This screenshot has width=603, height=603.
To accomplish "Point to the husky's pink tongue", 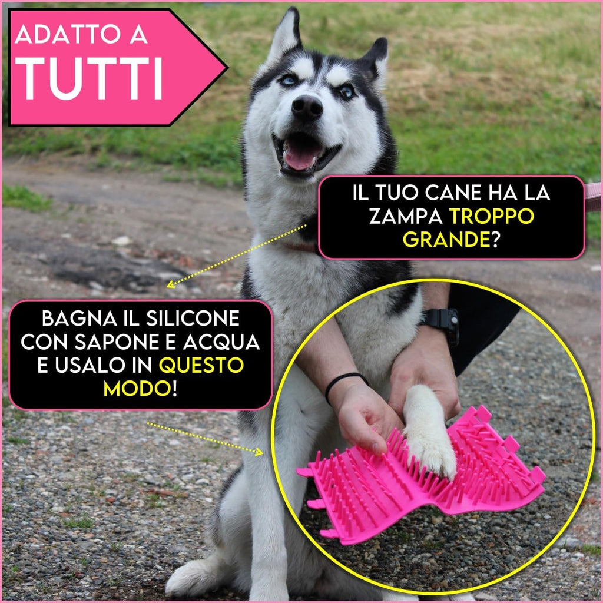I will pyautogui.click(x=301, y=158).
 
